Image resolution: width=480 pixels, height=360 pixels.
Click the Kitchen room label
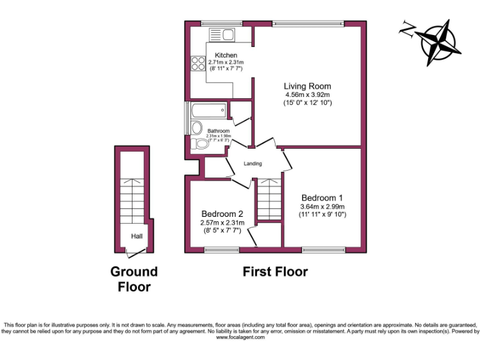[x=226, y=56]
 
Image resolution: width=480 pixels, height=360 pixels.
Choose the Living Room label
[x=307, y=86]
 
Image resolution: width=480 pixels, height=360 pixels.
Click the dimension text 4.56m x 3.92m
[x=307, y=95]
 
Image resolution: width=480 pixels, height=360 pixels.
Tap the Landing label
[x=252, y=164]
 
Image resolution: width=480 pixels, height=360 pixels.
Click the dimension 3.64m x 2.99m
[x=322, y=207]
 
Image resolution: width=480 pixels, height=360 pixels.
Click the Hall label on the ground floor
[x=136, y=236]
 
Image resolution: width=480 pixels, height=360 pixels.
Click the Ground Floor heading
[x=134, y=279]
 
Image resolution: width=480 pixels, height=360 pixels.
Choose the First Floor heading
[x=275, y=272]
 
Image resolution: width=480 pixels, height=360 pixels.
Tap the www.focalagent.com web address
[x=241, y=337]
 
